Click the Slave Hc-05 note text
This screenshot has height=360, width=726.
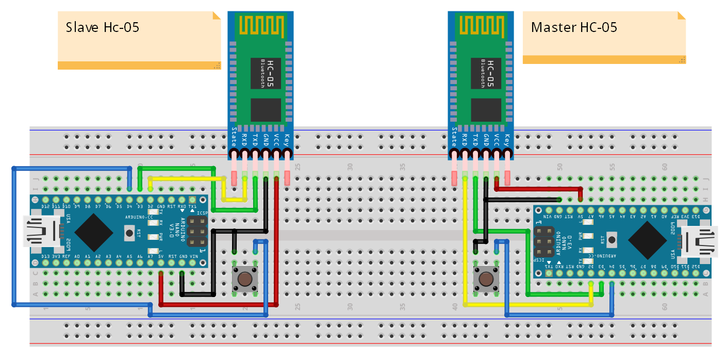click(x=102, y=27)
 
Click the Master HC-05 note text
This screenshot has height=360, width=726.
click(x=574, y=27)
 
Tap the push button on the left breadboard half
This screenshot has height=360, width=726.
click(x=245, y=279)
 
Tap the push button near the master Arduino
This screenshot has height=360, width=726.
click(x=486, y=279)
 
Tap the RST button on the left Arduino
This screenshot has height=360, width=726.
click(x=129, y=233)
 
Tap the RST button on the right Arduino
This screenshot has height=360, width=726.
click(x=612, y=239)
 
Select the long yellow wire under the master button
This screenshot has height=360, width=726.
click(x=526, y=305)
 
